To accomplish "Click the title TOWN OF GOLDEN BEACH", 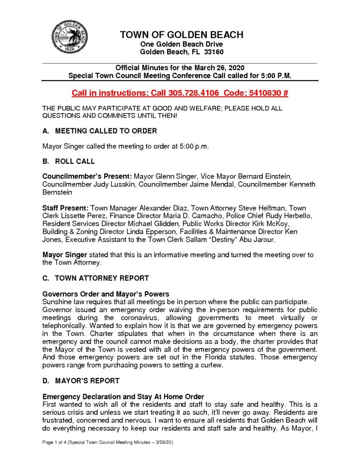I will [x=181, y=35].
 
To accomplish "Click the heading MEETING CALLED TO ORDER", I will [x=106, y=131].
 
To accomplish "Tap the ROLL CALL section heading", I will [x=75, y=161].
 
